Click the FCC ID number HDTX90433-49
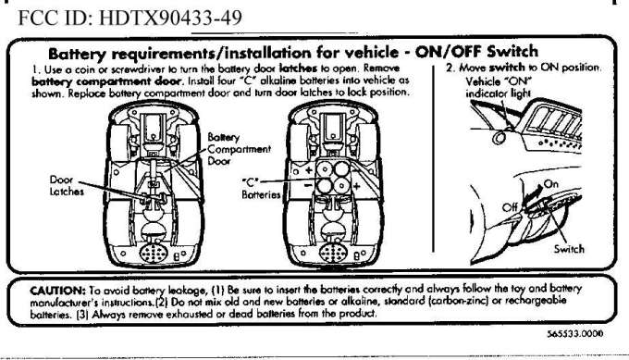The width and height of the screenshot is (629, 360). tap(170, 18)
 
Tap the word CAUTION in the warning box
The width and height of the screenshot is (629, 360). tap(57, 291)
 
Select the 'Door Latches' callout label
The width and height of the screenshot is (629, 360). tap(67, 185)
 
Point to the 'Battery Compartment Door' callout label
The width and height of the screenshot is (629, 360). tap(239, 149)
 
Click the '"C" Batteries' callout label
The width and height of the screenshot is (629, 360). tap(261, 189)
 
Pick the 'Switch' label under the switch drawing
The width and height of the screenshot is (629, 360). tap(569, 249)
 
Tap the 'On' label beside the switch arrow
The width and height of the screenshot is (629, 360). tap(550, 184)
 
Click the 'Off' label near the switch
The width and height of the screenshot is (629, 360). tap(510, 207)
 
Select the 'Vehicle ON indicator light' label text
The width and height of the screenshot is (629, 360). tap(499, 88)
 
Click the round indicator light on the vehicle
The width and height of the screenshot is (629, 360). tap(499, 138)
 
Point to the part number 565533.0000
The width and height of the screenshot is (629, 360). tap(574, 334)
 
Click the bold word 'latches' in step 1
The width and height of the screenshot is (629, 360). tap(298, 68)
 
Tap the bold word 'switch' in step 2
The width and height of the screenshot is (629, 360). tap(507, 67)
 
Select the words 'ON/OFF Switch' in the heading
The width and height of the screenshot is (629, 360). tap(476, 52)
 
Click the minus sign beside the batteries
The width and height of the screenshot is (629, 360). tap(308, 185)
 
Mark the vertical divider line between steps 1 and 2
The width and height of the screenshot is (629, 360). tap(434, 159)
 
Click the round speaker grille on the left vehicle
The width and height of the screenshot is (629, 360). tap(154, 254)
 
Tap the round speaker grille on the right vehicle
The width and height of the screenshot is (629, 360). tap(334, 254)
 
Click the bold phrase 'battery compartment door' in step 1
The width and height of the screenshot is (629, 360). tap(106, 81)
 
